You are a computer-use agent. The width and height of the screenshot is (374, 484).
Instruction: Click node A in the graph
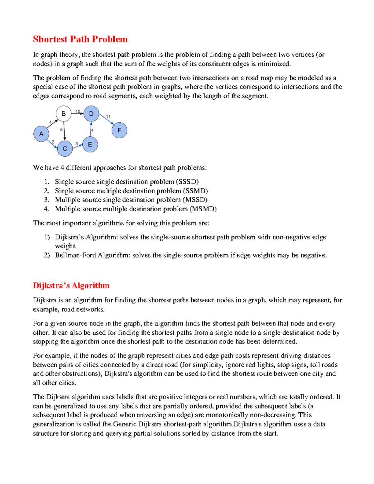pyautogui.click(x=41, y=134)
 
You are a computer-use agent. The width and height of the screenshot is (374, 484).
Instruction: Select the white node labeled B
pyautogui.click(x=64, y=114)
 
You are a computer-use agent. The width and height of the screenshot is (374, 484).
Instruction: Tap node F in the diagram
pyautogui.click(x=119, y=130)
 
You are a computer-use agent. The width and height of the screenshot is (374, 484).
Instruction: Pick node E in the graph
pyautogui.click(x=90, y=145)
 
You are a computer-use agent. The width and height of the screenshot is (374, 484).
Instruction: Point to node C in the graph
pyautogui.click(x=65, y=149)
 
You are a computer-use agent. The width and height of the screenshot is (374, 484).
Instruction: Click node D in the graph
pyautogui.click(x=91, y=114)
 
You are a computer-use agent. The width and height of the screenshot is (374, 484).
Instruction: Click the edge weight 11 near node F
pyautogui.click(x=108, y=117)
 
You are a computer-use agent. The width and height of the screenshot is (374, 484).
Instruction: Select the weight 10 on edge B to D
pyautogui.click(x=78, y=111)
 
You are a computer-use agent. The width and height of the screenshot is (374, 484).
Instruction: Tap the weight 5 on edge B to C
pyautogui.click(x=61, y=130)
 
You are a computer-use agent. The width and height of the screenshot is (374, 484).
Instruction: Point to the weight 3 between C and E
pyautogui.click(x=77, y=144)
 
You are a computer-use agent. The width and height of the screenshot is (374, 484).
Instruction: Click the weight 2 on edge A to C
pyautogui.click(x=53, y=142)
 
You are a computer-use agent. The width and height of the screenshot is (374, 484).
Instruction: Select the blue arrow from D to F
pyautogui.click(x=106, y=119)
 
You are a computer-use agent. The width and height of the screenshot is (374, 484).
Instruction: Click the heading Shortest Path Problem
pyautogui.click(x=80, y=39)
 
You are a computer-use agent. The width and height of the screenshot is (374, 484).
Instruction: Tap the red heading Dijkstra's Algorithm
pyautogui.click(x=71, y=285)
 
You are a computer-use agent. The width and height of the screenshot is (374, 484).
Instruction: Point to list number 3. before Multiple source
pyautogui.click(x=46, y=200)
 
